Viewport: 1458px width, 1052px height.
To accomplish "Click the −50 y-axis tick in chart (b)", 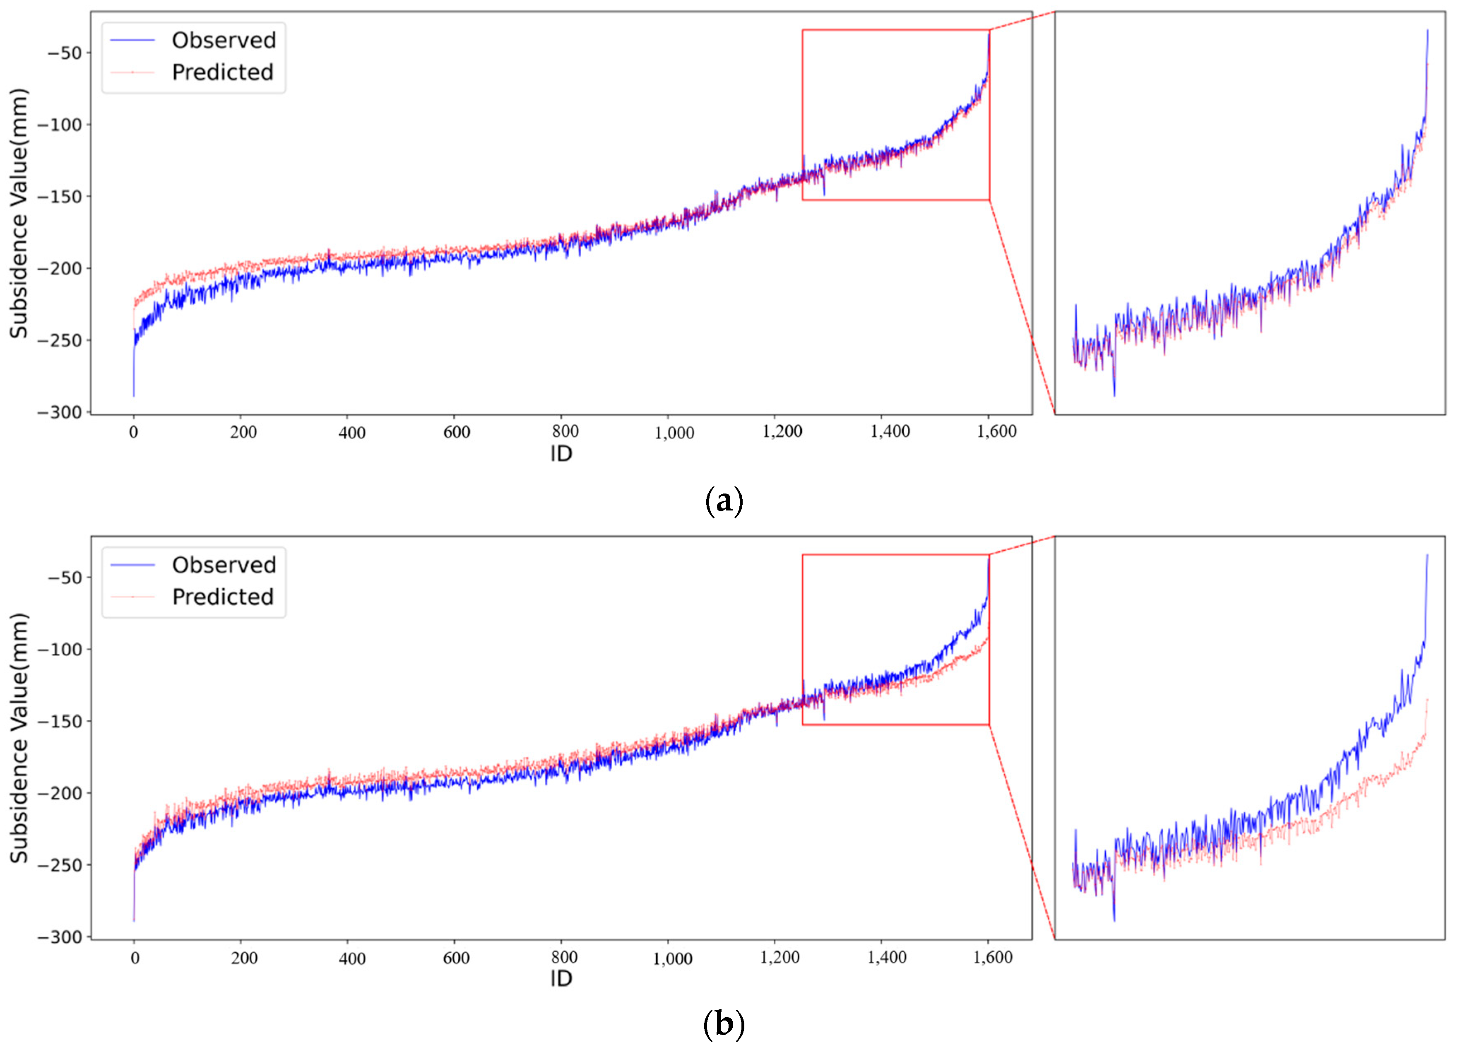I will click(x=64, y=578).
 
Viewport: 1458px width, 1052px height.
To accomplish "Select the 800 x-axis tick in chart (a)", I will click(x=565, y=431).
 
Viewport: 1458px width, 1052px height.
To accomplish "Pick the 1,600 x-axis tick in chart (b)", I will click(x=993, y=958).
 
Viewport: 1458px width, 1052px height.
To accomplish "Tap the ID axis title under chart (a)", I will click(x=561, y=454).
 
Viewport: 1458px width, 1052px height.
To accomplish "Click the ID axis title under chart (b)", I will click(x=561, y=979).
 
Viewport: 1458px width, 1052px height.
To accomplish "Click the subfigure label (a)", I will click(x=724, y=500).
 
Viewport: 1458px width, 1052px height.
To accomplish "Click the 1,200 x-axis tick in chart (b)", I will click(x=780, y=958).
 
